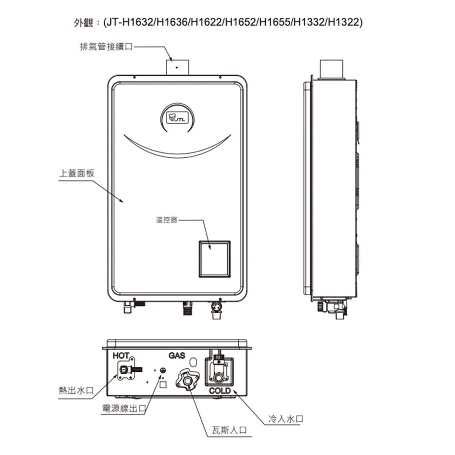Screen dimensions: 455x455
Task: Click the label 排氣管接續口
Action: coord(106,46)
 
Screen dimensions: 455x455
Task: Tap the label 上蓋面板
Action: coord(76,173)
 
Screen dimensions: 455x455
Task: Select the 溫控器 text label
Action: coord(167,220)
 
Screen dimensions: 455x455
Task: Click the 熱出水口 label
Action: coord(76,390)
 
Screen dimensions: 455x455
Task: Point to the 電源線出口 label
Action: coord(124,409)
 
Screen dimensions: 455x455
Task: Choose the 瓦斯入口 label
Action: coord(229,430)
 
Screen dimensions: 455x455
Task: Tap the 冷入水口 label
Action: coord(286,419)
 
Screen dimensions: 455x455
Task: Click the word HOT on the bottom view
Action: coord(121,356)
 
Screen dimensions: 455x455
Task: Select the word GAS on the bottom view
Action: coord(177,356)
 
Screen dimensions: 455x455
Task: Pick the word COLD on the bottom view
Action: coord(220,391)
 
